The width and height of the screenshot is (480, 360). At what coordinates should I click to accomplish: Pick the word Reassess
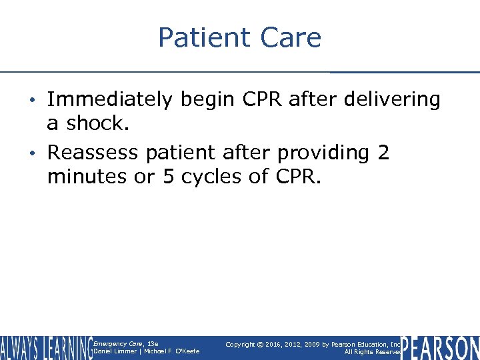tap(93, 153)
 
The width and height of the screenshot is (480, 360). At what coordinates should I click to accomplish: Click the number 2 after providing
tap(383, 153)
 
